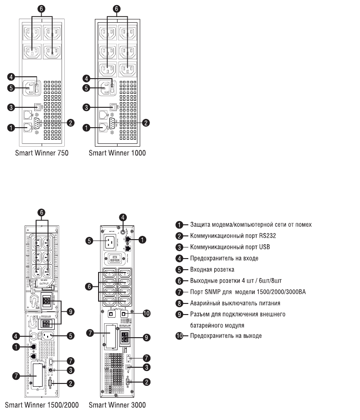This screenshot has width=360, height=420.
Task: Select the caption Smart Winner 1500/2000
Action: [42, 405]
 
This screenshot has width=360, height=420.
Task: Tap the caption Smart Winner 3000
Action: [117, 405]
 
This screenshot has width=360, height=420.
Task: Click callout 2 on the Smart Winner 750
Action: [71, 123]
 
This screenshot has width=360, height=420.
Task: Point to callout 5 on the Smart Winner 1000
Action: [86, 87]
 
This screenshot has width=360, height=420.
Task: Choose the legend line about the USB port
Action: [230, 247]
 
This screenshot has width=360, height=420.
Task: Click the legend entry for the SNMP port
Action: [248, 291]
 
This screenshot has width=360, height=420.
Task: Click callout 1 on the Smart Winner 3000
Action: [143, 240]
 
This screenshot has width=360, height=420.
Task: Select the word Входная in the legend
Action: [201, 269]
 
